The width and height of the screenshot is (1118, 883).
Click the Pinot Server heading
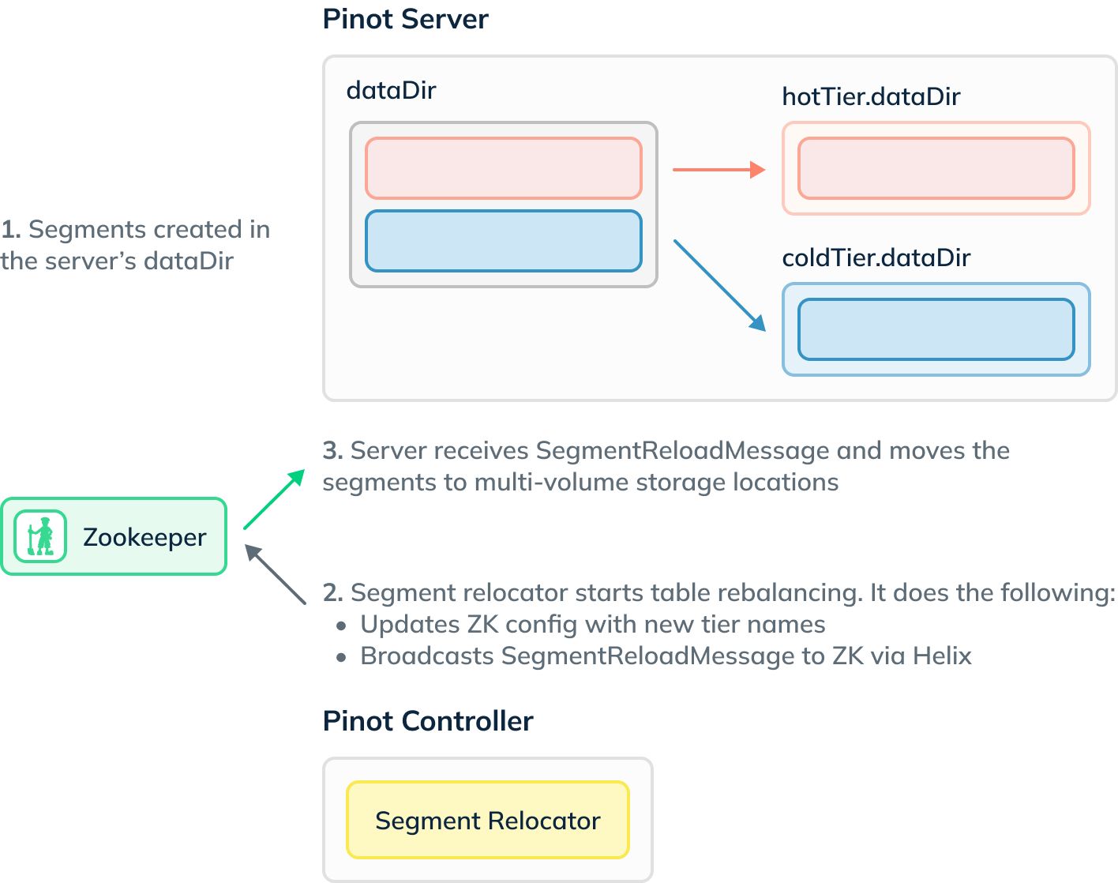[x=405, y=19]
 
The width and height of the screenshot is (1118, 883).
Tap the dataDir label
[x=391, y=90]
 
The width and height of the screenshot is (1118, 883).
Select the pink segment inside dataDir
[x=503, y=168]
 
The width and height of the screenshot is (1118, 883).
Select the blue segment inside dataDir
[x=503, y=241]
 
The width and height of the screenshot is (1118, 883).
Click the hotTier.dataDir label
[x=870, y=96]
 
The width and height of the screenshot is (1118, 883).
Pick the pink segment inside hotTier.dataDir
[x=936, y=168]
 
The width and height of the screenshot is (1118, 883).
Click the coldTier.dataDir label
[x=876, y=257]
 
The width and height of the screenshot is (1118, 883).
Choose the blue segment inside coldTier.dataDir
[x=936, y=329]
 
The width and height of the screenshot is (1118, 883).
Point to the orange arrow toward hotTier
[x=718, y=169]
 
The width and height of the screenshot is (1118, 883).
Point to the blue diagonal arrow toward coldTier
[x=719, y=285]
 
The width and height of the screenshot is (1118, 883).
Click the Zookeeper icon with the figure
[x=40, y=536]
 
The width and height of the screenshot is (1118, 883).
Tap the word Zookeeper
[x=144, y=537]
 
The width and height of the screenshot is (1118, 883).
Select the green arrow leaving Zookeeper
[x=274, y=499]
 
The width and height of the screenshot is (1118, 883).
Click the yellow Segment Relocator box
[x=488, y=820]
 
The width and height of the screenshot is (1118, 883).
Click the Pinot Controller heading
[x=428, y=721]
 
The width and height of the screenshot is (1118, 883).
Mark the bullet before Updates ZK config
[x=341, y=626]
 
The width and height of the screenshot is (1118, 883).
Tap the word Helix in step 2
[x=942, y=656]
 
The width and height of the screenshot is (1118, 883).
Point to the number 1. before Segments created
[x=10, y=230]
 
